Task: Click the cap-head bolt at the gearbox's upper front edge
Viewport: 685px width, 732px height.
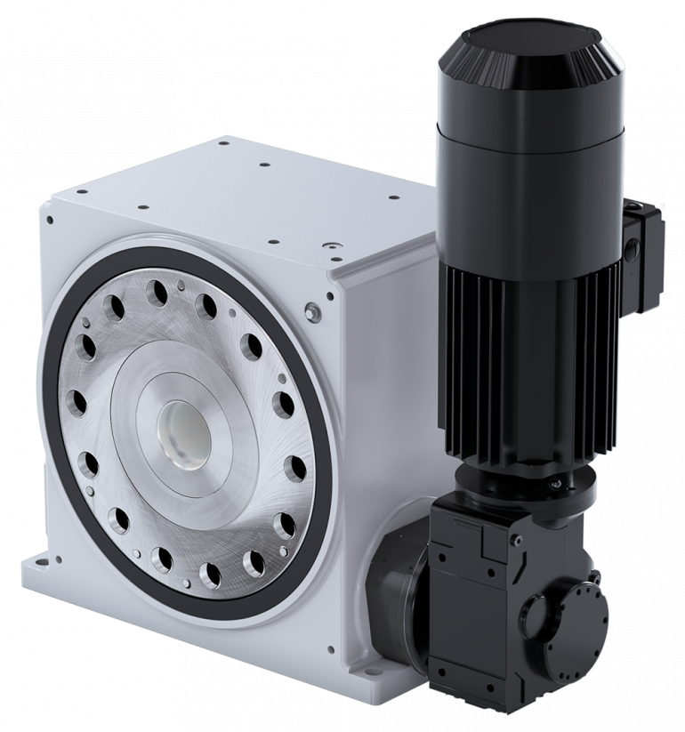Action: [x=516, y=540]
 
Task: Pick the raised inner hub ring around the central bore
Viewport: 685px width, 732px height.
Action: [x=227, y=427]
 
